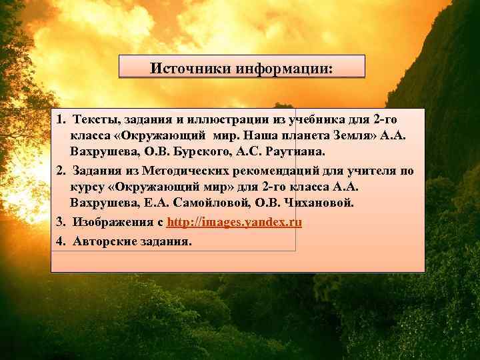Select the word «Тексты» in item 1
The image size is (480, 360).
93,119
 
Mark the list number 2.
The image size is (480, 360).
60,171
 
